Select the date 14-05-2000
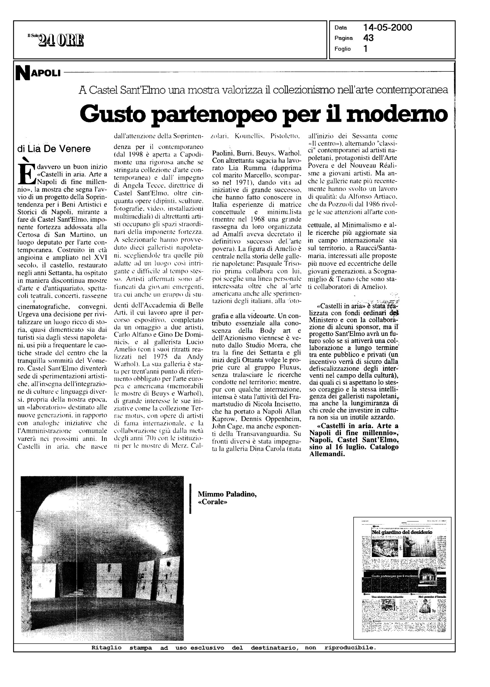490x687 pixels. click(x=388, y=28)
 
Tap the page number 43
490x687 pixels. click(x=368, y=38)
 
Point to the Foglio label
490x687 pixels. click(x=342, y=49)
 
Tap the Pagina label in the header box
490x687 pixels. click(x=344, y=38)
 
